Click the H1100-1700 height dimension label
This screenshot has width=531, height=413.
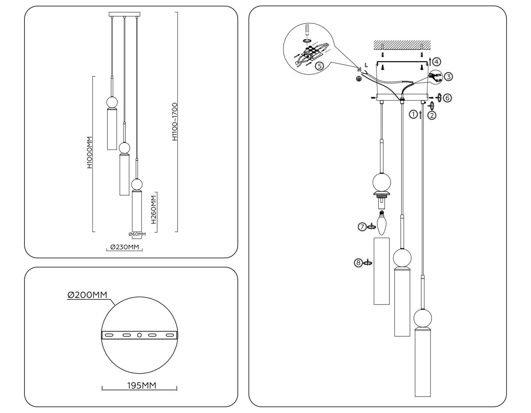click(175, 121)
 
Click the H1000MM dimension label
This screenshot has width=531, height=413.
click(90, 153)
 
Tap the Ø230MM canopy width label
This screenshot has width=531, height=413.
click(124, 247)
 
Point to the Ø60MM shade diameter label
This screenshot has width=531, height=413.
click(137, 234)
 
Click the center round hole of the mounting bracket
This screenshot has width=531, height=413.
click(139, 335)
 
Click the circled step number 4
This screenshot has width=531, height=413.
click(436, 62)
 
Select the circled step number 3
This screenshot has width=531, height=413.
click(448, 77)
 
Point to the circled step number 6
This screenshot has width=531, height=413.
click(447, 98)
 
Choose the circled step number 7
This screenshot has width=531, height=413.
click(362, 227)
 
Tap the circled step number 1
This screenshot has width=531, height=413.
click(413, 115)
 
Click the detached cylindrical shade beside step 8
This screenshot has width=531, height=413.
click(381, 271)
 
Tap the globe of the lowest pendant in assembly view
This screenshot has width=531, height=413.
click(423, 319)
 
